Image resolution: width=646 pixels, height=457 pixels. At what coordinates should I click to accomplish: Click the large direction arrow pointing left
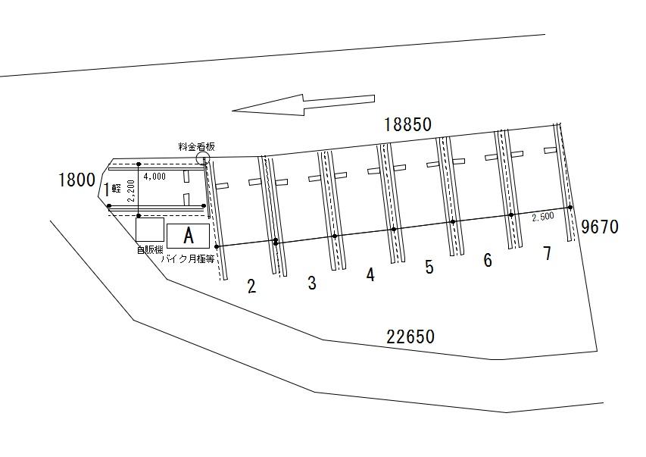[303, 105]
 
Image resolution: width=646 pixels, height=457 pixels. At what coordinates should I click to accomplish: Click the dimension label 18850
[408, 124]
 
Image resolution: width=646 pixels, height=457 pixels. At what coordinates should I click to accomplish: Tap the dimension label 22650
[410, 337]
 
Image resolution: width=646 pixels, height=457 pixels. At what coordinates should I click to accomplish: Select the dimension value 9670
[600, 227]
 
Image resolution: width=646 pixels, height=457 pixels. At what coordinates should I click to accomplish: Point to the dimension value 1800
[77, 180]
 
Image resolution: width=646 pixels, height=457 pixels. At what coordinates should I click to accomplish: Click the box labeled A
[189, 236]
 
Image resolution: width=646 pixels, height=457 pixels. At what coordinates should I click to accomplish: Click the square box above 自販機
[150, 230]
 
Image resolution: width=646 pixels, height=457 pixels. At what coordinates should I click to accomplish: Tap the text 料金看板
[196, 146]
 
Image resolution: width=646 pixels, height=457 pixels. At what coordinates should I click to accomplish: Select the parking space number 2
[251, 286]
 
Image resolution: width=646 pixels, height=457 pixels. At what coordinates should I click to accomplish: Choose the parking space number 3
[312, 283]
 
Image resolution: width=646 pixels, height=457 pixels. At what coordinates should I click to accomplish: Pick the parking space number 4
[371, 274]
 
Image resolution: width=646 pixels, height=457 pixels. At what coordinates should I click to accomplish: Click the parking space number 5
[429, 268]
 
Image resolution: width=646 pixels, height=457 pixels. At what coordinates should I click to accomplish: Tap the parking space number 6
[488, 260]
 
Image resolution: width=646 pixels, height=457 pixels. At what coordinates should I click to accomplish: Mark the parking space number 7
[547, 253]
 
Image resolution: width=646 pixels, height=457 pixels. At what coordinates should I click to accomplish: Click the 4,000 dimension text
[154, 177]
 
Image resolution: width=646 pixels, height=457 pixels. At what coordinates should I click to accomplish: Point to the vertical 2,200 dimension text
[131, 190]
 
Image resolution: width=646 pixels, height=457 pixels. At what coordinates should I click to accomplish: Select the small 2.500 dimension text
[543, 217]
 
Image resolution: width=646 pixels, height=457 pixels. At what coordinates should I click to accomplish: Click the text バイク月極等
[188, 259]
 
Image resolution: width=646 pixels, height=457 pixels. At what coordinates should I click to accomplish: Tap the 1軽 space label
[111, 189]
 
